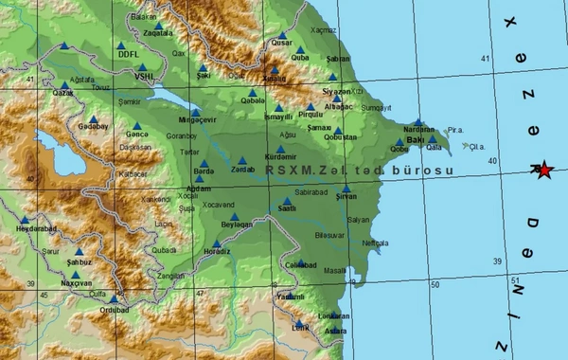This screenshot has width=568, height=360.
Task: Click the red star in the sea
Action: pyautogui.click(x=543, y=171)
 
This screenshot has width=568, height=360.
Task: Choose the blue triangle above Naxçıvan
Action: pyautogui.click(x=75, y=274)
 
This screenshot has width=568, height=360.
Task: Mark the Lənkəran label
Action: pyautogui.click(x=328, y=315)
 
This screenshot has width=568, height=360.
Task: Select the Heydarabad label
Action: pyautogui.click(x=26, y=228)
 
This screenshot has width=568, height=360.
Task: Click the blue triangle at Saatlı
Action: pyautogui.click(x=288, y=201)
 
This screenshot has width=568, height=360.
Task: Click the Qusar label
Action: pyautogui.click(x=283, y=43)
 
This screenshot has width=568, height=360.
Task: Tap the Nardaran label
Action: pyautogui.click(x=418, y=130)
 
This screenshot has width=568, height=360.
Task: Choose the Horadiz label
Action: pyautogui.click(x=216, y=251)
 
